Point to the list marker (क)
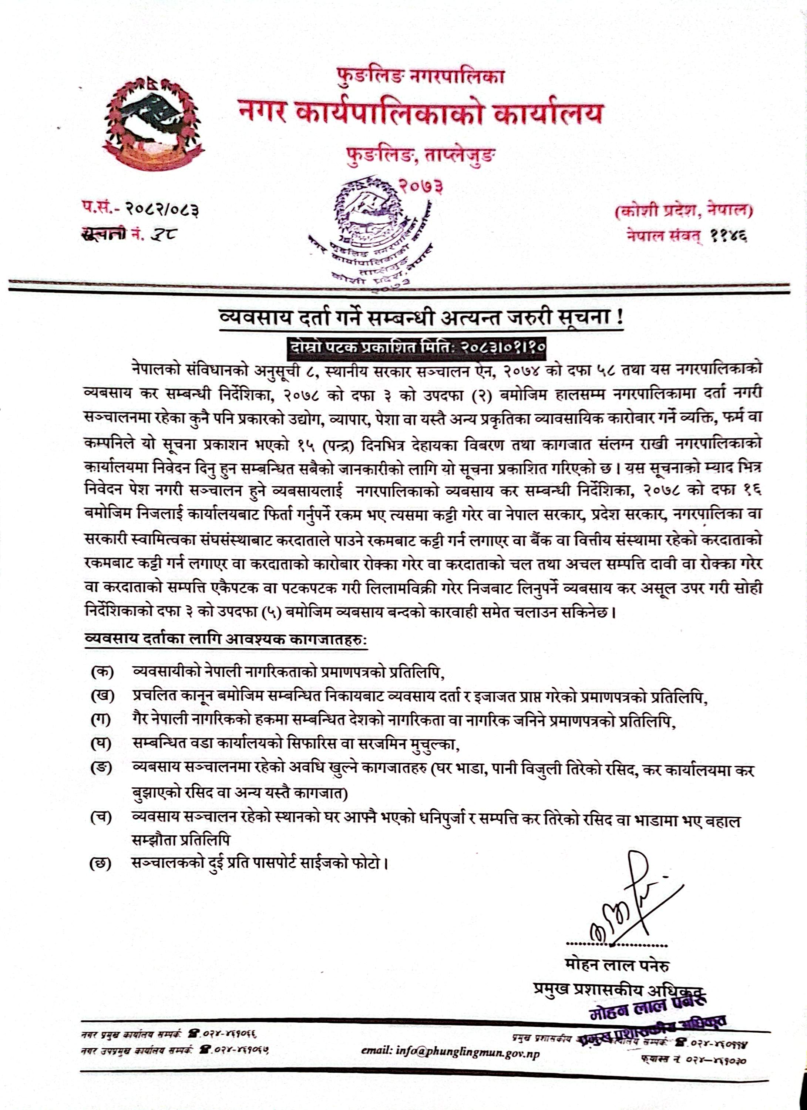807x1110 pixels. [101, 672]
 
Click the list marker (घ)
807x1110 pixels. [101, 744]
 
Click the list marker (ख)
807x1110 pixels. [101, 696]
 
